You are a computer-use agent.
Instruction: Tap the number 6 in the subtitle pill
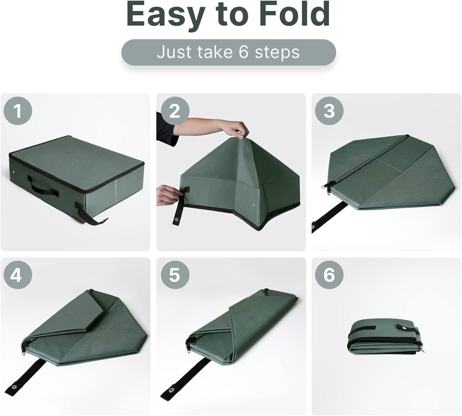coord(244,52)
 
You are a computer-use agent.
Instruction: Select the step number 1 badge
coord(18,111)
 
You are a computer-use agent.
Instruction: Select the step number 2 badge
coord(174,111)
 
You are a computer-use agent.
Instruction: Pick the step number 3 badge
coord(329,111)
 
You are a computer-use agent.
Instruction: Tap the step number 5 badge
coord(174,275)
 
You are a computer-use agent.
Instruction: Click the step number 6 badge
coord(329,275)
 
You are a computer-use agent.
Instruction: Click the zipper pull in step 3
coord(329,187)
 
